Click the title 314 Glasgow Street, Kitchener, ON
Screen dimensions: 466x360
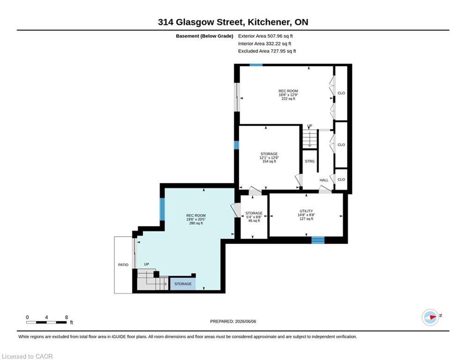point(233,22)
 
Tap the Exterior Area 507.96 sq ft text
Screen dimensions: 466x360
point(266,36)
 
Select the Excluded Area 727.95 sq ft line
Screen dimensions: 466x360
point(267,51)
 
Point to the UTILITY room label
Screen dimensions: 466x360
point(306,211)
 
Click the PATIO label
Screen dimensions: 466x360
point(123,265)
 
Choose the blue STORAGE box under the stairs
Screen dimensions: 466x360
point(183,284)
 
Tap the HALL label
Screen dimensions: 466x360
point(324,180)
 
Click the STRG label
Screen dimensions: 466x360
point(310,161)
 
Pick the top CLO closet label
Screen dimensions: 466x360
point(341,93)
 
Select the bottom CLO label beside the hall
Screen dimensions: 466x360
point(341,180)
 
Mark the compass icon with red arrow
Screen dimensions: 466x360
point(430,317)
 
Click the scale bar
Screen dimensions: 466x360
point(46,322)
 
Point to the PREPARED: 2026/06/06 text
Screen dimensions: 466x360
point(233,321)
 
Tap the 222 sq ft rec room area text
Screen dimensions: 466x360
point(288,99)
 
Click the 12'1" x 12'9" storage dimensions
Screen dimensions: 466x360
point(269,157)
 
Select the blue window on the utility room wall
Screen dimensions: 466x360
point(318,240)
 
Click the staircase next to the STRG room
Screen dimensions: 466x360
point(310,139)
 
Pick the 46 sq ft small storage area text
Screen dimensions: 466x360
point(254,221)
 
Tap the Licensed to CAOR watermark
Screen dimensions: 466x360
point(27,356)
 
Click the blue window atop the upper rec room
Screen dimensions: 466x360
point(256,65)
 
